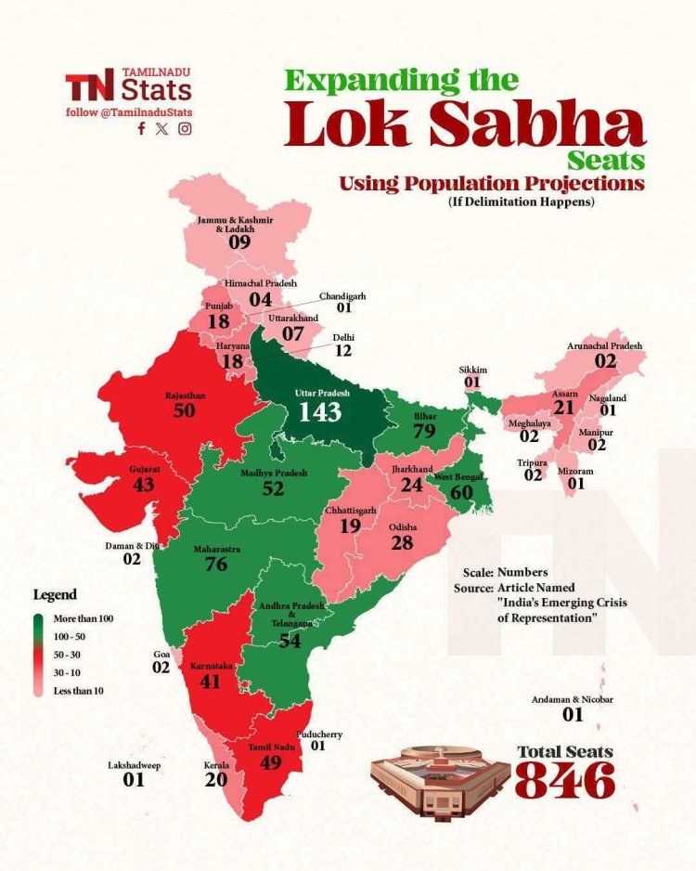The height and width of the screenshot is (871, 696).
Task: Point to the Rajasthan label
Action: tap(185, 395)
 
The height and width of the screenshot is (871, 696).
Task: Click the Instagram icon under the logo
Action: tap(185, 129)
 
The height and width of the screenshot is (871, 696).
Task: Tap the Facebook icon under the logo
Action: tap(141, 129)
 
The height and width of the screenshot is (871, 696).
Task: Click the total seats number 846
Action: tap(565, 780)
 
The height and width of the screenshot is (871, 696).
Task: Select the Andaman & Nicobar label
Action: tap(573, 699)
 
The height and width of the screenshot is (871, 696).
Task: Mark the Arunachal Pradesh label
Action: tap(604, 346)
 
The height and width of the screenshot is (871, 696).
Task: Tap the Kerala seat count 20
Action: tap(215, 780)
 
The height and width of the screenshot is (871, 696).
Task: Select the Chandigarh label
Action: tap(342, 295)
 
